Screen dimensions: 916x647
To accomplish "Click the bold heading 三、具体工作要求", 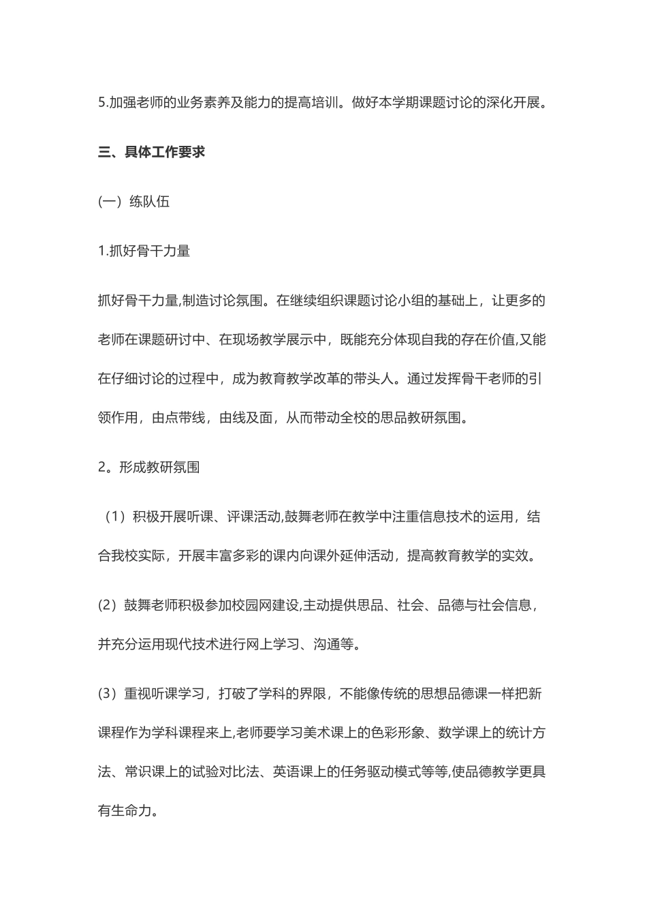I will point(151,152).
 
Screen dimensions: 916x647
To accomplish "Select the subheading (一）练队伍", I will point(133,201).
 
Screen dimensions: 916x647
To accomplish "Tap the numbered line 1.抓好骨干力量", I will point(144,251).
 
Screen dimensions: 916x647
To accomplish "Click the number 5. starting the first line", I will point(103,103).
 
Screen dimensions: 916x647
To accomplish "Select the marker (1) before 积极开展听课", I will point(112,517).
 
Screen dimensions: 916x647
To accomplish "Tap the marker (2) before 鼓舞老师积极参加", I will point(108,605).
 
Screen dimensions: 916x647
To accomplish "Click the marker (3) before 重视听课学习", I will point(108,694).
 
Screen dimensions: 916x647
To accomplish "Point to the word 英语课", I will point(294,772).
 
